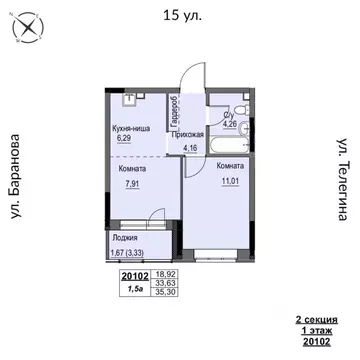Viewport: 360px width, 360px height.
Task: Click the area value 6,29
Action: [126, 140]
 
